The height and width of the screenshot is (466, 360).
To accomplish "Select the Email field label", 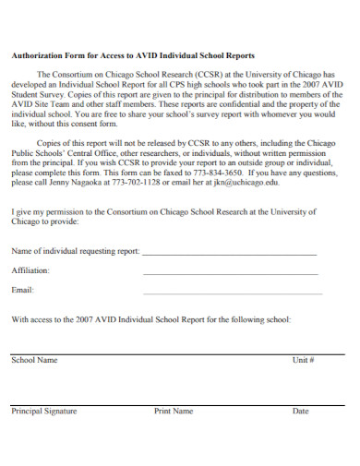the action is point(22,291).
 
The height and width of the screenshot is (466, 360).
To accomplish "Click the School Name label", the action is point(34,360).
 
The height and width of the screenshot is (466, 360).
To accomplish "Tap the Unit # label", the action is point(304,360).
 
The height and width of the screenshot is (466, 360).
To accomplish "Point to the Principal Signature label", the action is point(43,411).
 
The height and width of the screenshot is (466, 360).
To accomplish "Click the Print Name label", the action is point(174,411).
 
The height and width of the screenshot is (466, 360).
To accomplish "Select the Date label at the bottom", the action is point(300,411).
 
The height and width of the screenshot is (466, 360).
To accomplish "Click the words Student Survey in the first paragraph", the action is point(38,92).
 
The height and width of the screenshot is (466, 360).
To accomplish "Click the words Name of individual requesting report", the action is point(75,250).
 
